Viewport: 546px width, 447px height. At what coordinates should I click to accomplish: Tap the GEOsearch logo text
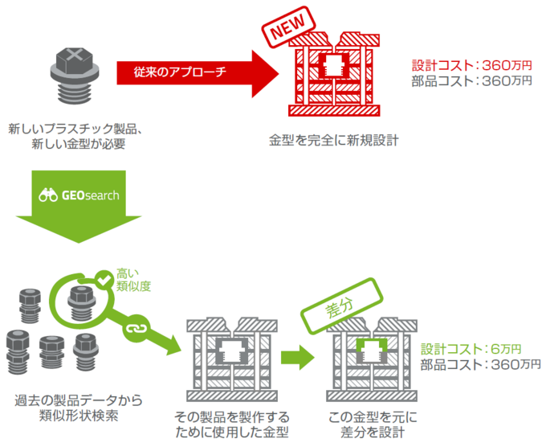pos(90,195)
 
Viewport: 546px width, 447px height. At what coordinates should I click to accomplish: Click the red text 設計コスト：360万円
pos(471,65)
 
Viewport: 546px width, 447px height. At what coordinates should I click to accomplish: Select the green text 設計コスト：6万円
pos(471,349)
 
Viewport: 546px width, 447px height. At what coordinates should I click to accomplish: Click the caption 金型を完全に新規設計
pos(333,139)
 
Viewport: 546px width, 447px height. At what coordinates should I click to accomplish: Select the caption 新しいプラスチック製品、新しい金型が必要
pos(75,135)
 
